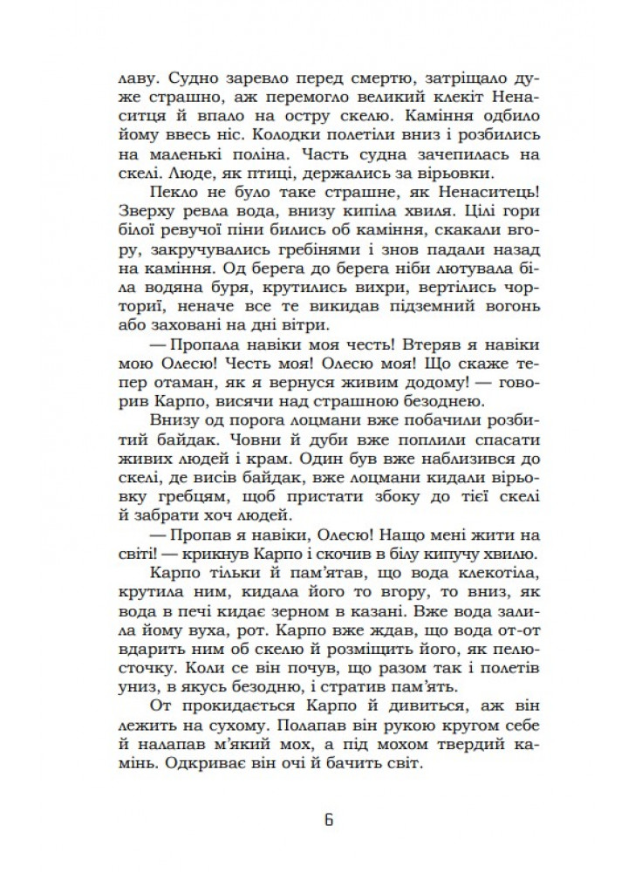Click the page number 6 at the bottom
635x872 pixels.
tap(329, 821)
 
